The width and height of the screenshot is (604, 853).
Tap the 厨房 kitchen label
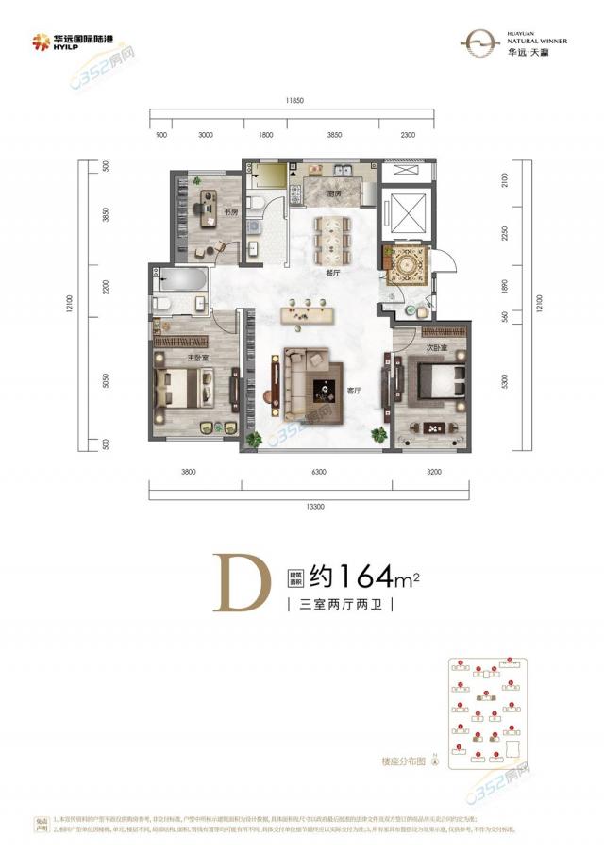point(333,193)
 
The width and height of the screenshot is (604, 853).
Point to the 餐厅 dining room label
point(331,272)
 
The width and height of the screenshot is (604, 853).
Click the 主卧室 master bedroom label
point(171,358)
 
